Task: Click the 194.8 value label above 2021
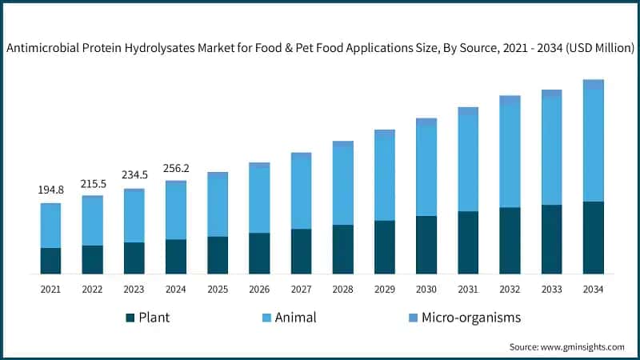pyautogui.click(x=50, y=190)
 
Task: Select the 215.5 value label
pyautogui.click(x=93, y=183)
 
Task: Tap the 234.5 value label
pyautogui.click(x=134, y=176)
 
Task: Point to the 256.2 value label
pyautogui.click(x=176, y=169)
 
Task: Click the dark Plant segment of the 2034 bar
pyautogui.click(x=593, y=238)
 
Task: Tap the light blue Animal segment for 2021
pyautogui.click(x=50, y=226)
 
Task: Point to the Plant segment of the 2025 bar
pyautogui.click(x=218, y=255)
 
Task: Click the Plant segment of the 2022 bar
pyautogui.click(x=93, y=259)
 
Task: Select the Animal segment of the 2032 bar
pyautogui.click(x=510, y=155)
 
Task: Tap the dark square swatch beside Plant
pyautogui.click(x=130, y=318)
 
